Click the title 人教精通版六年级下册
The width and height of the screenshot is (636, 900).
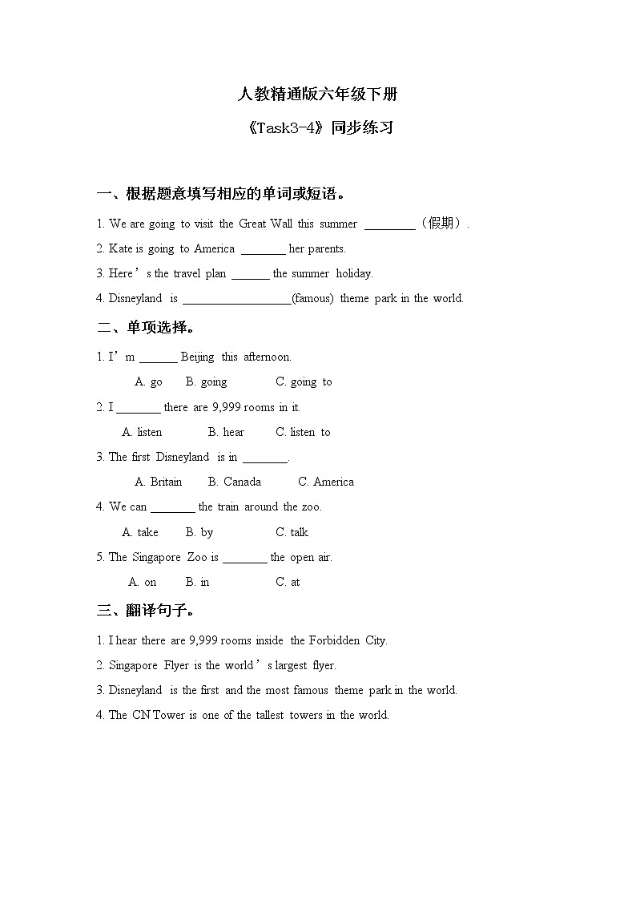(317, 95)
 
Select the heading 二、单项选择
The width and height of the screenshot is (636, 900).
(146, 327)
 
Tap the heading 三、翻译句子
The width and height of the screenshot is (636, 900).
(146, 611)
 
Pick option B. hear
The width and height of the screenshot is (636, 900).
(227, 432)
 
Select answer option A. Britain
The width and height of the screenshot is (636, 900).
(159, 482)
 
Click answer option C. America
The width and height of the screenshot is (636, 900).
(326, 482)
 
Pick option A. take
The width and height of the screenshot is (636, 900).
(140, 532)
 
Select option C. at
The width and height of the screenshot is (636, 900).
(288, 582)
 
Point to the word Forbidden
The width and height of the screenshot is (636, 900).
(335, 640)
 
